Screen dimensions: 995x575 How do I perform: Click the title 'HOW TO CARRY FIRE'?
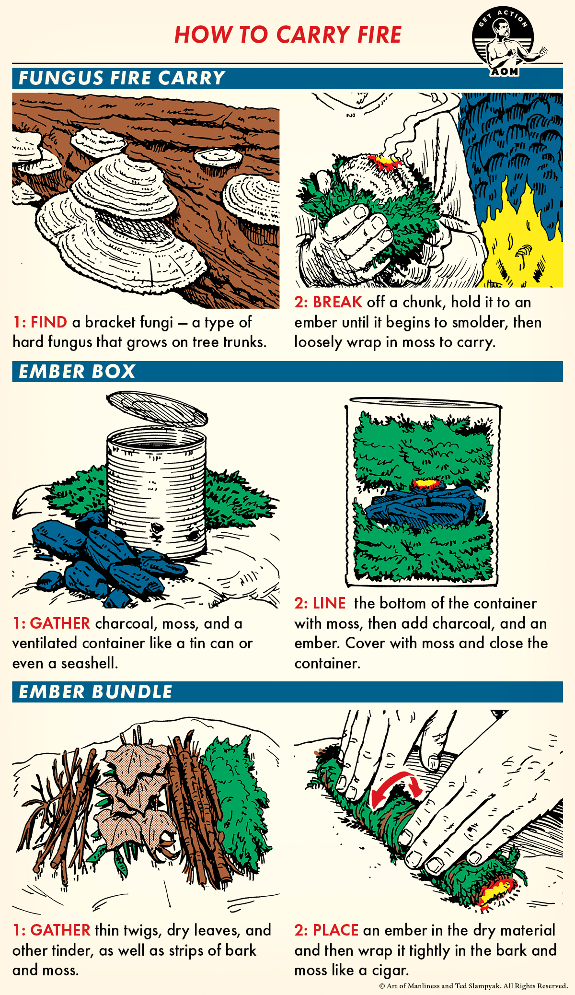click(287, 35)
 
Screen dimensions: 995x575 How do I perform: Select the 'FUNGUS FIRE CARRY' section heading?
click(122, 78)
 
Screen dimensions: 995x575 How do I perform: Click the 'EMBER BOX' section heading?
click(77, 372)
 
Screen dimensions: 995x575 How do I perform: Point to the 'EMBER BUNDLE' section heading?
click(95, 692)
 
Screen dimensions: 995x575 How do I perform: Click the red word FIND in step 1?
click(48, 322)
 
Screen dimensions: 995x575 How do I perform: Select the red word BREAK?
click(337, 302)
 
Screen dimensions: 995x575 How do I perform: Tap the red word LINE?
click(329, 603)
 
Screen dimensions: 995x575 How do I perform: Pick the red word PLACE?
click(335, 930)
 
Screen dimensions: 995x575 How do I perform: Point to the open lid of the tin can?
click(157, 408)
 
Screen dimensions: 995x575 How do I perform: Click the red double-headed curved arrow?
click(395, 786)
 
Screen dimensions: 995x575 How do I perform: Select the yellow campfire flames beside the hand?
click(522, 240)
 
